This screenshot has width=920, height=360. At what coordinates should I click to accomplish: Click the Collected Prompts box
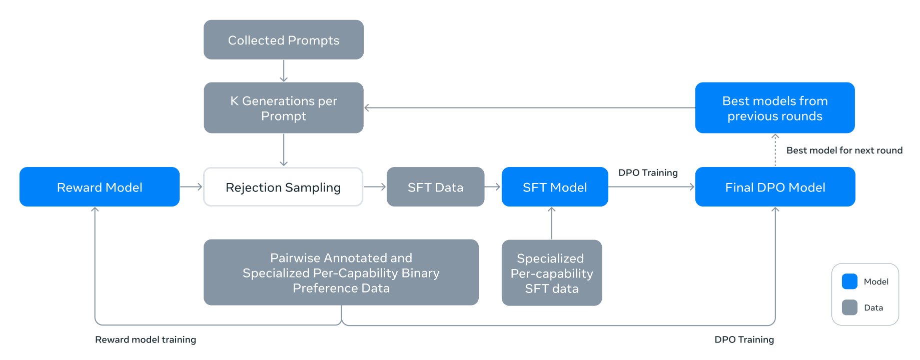coord(284,39)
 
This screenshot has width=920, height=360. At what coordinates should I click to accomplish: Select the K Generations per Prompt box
coord(284,107)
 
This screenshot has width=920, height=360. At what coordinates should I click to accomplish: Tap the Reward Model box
coord(100,186)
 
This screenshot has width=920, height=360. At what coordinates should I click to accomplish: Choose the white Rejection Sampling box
coord(283,186)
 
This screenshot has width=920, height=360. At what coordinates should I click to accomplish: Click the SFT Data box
coord(435,186)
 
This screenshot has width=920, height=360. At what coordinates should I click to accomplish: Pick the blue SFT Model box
coord(555,186)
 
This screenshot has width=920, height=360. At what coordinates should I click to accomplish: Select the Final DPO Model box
coord(775,186)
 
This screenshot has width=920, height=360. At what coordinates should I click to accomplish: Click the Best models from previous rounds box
coord(775,107)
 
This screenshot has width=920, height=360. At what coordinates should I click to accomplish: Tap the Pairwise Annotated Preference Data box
coord(341,272)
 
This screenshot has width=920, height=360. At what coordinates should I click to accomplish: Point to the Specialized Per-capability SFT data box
coord(552,273)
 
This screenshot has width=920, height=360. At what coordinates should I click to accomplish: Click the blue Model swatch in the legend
coord(849,281)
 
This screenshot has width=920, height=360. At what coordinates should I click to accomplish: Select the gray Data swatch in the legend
coord(849,307)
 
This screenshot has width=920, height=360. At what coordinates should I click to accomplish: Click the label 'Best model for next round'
coord(844,150)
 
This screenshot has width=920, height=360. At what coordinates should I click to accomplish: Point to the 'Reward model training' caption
coord(146,339)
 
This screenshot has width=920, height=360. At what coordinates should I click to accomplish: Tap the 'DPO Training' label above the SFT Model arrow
coord(648,172)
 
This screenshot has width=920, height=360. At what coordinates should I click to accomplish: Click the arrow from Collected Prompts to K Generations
coord(284,70)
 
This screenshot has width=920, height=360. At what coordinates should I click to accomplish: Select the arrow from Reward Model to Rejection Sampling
coord(191,186)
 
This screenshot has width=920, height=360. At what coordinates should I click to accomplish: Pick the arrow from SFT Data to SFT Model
coord(493,186)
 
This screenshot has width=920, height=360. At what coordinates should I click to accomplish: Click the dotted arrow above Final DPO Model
coord(775,150)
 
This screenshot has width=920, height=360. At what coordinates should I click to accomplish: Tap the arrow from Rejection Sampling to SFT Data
coord(375,186)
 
